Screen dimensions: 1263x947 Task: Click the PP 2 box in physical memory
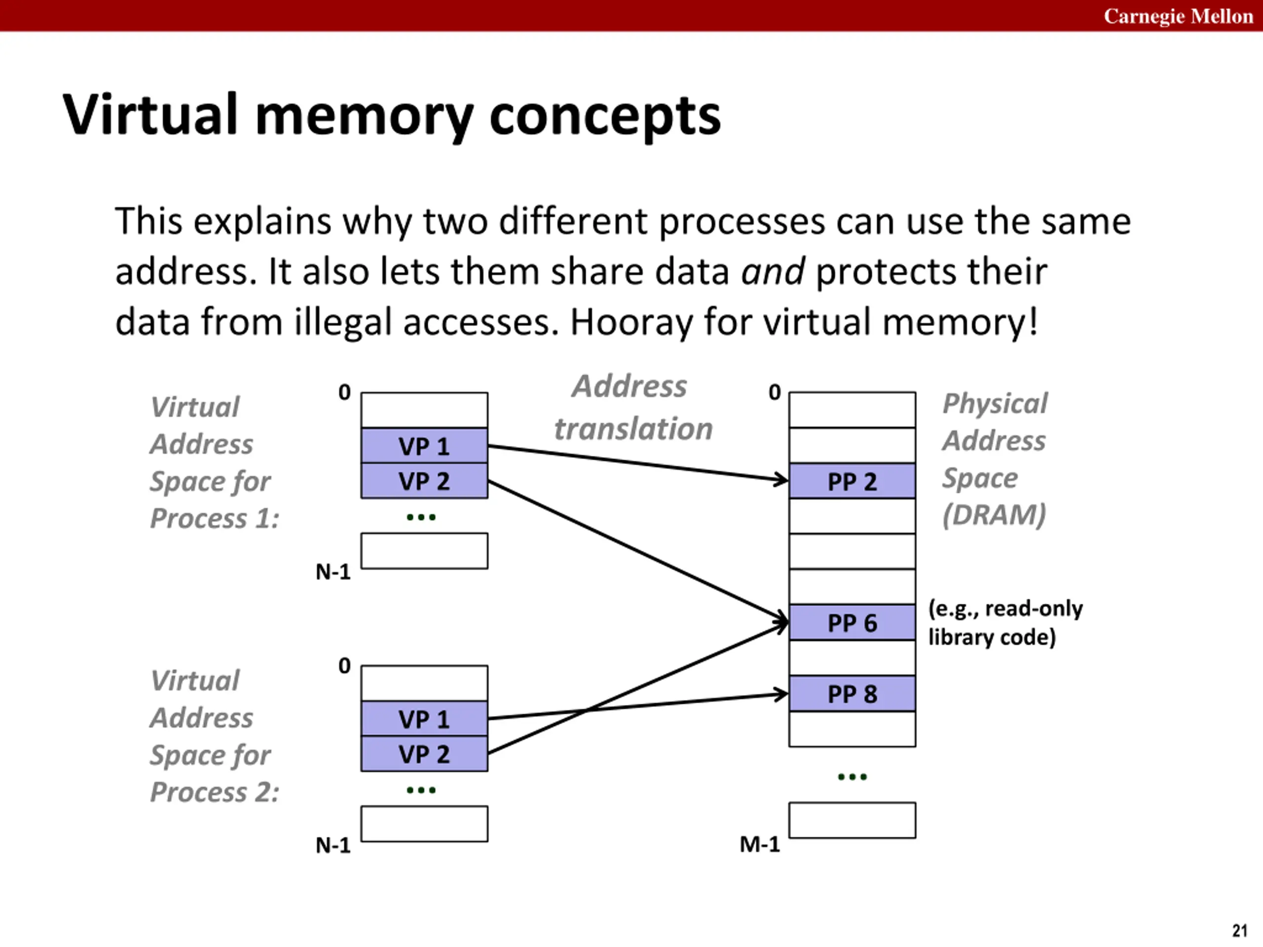852,480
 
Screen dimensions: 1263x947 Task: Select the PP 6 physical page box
852,622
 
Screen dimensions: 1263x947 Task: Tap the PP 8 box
852,693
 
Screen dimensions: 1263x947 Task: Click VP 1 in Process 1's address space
424,445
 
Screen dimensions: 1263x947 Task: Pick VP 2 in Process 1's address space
424,480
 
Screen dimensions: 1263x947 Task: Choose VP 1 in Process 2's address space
424,719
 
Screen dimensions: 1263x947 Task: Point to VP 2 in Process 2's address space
424,754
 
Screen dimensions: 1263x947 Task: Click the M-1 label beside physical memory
759,844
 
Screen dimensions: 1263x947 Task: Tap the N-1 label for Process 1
333,571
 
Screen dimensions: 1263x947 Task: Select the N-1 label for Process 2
333,845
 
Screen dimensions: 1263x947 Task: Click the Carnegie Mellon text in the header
1178,16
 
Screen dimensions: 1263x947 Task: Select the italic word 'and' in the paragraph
773,271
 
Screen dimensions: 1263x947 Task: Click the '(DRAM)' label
994,515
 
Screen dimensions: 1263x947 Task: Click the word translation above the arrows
633,429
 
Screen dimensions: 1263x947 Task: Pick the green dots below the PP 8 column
852,776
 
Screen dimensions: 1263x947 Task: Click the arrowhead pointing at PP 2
781,479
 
